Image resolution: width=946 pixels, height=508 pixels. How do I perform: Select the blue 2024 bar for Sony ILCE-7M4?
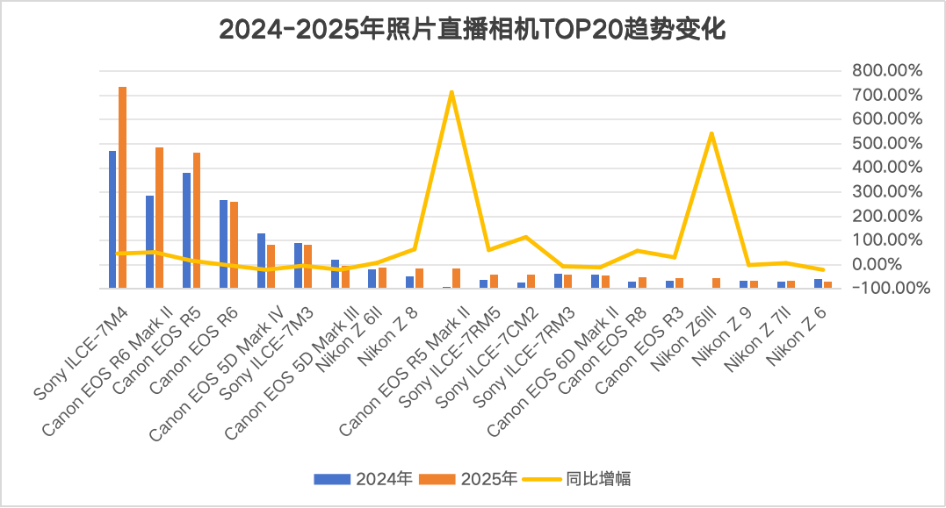point(112,219)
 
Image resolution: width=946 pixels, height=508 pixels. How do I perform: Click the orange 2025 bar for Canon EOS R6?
point(234,245)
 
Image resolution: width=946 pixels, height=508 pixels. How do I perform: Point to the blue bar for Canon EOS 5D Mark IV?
point(261,261)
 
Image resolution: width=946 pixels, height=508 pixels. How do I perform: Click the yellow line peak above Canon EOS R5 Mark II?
point(451,92)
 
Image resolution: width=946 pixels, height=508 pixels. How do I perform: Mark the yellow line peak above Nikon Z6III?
point(711,133)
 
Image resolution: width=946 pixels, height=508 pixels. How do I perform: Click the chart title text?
point(473,30)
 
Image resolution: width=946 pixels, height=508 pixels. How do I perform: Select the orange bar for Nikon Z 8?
point(420,277)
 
